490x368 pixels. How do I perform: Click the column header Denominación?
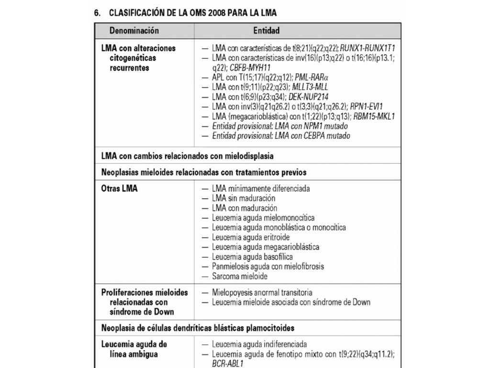(x=134, y=31)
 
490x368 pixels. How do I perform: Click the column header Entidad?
(x=267, y=31)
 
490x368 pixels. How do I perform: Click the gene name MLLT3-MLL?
(x=310, y=87)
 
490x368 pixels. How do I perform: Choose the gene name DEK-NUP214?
(x=309, y=97)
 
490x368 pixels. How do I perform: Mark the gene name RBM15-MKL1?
(x=374, y=116)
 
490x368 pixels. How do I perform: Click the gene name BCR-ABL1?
(x=228, y=364)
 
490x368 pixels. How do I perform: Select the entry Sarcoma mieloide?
(x=240, y=276)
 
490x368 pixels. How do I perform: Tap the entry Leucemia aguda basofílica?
(x=252, y=257)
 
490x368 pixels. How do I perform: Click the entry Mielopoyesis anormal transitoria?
(x=262, y=292)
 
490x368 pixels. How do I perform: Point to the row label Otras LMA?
(x=119, y=189)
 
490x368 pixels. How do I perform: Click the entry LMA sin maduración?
(x=244, y=198)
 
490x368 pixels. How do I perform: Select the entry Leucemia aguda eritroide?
(x=251, y=237)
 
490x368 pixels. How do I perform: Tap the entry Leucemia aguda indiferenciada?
(x=259, y=344)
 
